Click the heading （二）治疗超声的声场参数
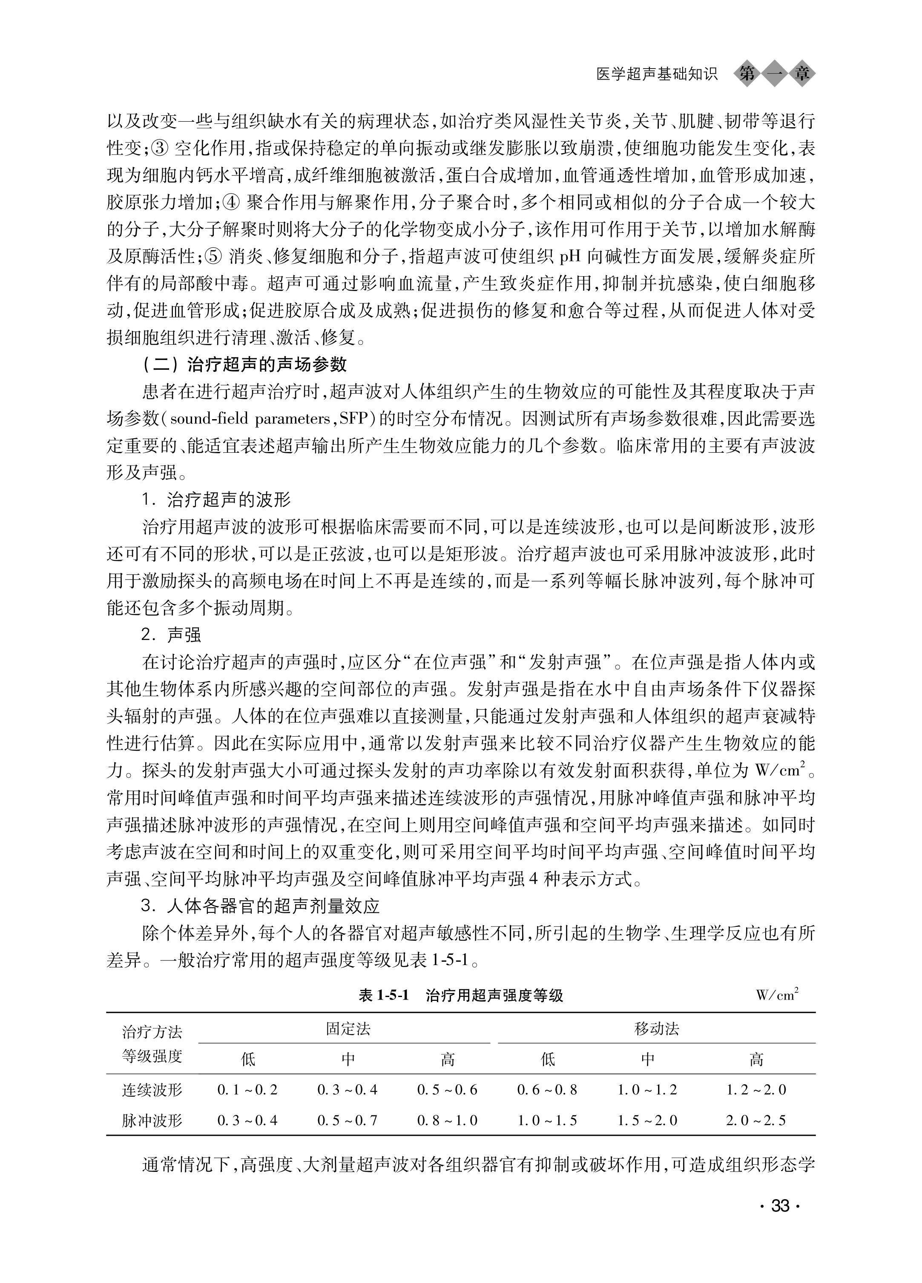click(x=244, y=364)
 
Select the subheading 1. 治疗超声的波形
click(x=216, y=500)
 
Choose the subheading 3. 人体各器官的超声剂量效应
click(x=260, y=906)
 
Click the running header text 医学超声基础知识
click(x=657, y=74)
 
